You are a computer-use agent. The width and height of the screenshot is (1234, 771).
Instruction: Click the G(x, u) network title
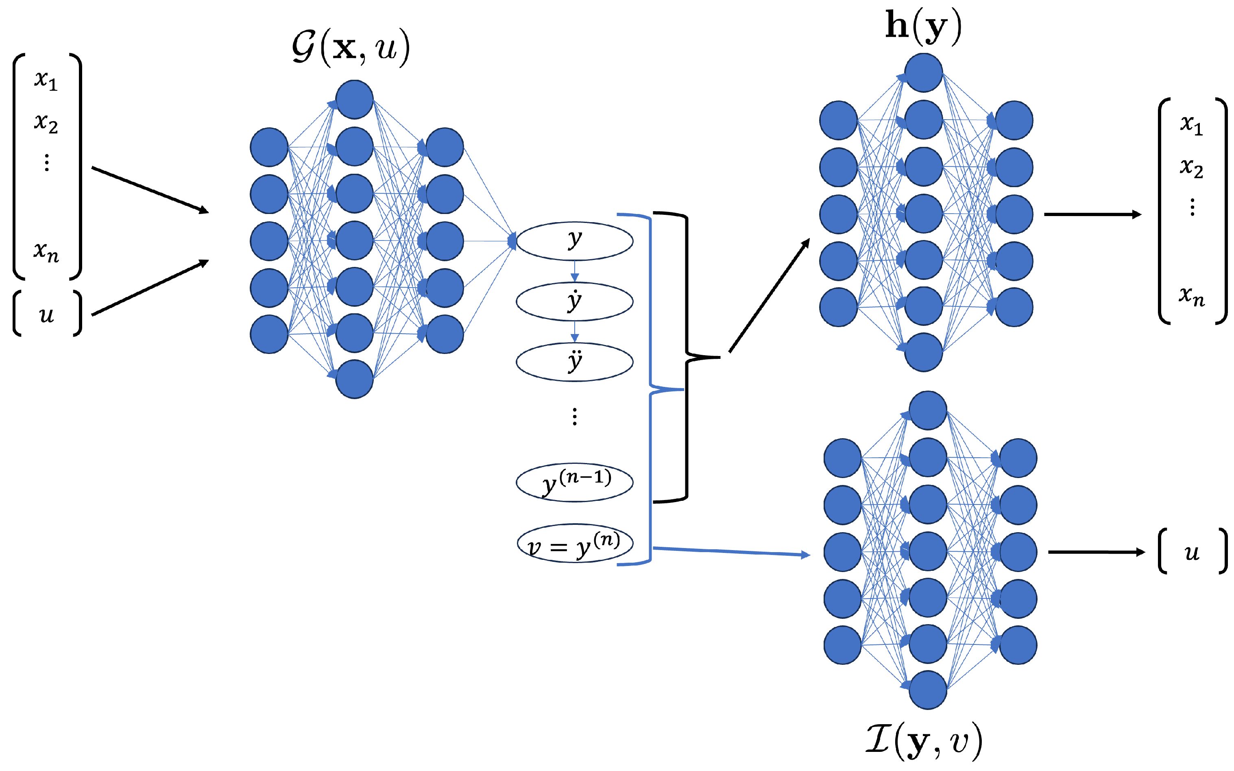(351, 47)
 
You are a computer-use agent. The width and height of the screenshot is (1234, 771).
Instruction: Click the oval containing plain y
(574, 241)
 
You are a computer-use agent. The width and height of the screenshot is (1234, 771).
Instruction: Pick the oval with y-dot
(574, 301)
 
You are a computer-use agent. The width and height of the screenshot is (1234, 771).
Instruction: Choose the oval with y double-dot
(574, 362)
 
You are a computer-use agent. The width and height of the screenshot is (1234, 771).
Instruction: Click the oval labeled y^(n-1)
(574, 483)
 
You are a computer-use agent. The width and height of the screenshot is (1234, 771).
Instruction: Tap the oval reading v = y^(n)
(574, 544)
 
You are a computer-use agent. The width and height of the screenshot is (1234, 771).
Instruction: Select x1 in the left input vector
(46, 80)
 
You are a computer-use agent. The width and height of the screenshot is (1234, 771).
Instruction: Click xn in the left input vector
(46, 251)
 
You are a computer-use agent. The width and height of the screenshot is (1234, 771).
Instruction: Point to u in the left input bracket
(46, 314)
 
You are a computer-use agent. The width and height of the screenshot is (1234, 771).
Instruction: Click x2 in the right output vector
(1191, 167)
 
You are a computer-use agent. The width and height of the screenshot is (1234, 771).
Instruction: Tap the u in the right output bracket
(1191, 552)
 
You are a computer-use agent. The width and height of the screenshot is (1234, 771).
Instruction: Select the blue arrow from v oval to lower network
(731, 551)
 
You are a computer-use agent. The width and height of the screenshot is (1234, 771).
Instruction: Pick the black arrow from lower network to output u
(1096, 552)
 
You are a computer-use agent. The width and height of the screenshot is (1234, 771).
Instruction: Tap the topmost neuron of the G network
(354, 99)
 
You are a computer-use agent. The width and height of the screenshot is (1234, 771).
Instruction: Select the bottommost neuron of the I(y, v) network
(928, 690)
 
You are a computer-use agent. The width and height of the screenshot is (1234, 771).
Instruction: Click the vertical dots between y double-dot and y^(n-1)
(574, 417)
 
